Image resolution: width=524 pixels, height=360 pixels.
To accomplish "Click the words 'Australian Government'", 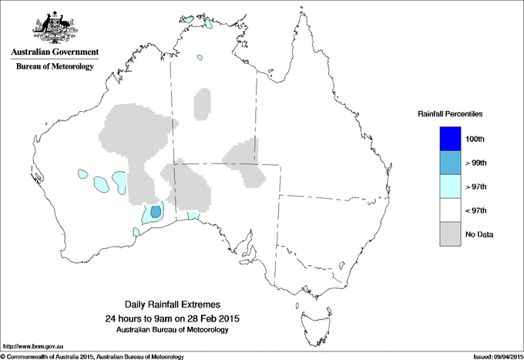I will pos(54,52).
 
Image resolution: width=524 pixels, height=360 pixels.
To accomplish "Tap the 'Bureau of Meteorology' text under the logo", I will pos(54,66).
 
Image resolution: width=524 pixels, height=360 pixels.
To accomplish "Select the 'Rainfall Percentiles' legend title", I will pos(450,114).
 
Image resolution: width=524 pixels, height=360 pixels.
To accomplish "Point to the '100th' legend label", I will pos(475,139).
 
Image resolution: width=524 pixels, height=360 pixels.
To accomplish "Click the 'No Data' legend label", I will pos(479,234).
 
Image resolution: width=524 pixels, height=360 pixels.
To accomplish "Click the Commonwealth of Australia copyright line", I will pos(92,356).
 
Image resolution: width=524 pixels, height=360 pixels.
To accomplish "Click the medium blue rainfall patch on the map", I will pos(155,211).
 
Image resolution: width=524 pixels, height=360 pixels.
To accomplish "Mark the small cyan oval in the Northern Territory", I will pos(199,57).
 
